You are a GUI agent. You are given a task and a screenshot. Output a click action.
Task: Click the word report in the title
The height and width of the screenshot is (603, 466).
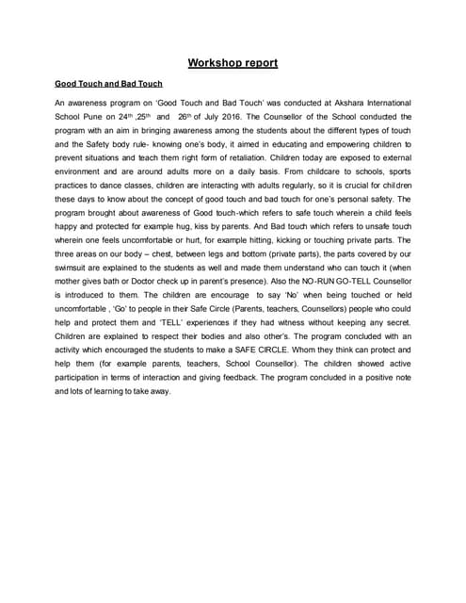pyautogui.click(x=259, y=63)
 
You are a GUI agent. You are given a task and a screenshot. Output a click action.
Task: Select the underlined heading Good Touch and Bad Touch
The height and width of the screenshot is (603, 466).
pyautogui.click(x=107, y=84)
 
